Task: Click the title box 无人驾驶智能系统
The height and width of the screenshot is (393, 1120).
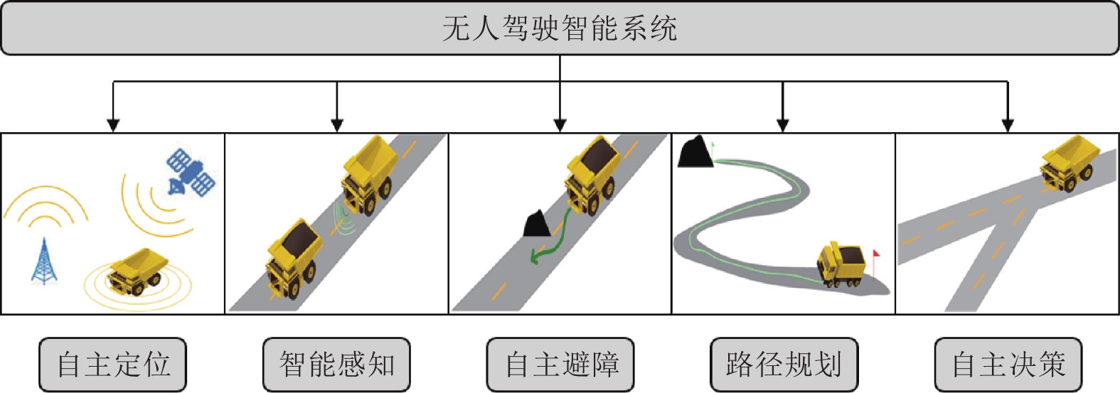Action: click(x=560, y=28)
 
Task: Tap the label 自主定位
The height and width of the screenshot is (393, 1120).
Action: click(x=113, y=365)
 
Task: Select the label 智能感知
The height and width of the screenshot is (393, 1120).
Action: click(x=336, y=365)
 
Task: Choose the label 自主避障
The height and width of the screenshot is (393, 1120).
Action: click(x=560, y=365)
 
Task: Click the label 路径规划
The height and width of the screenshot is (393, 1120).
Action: click(x=784, y=365)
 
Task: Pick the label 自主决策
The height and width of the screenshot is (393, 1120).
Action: click(x=1008, y=365)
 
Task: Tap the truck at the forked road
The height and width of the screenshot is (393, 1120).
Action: click(x=1069, y=163)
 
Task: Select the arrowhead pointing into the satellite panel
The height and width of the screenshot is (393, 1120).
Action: click(x=113, y=125)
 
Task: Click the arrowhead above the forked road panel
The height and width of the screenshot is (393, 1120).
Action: click(x=1007, y=125)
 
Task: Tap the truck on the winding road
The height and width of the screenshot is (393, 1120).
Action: click(x=842, y=264)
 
